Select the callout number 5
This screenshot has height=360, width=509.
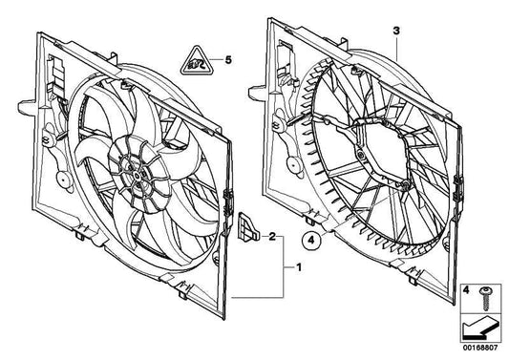[x=227, y=60]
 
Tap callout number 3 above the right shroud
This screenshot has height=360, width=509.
[x=396, y=32]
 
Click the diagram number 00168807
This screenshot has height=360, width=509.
[x=479, y=350]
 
